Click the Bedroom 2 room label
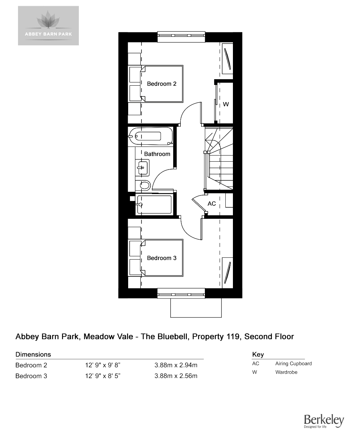pos(162,84)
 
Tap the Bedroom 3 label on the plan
pos(162,258)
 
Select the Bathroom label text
pos(157,154)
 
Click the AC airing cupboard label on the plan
pos(212,204)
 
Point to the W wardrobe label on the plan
pos(226,104)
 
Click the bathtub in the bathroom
pos(150,136)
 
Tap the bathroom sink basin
pos(142,168)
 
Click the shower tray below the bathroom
pos(154,204)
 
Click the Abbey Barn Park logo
pos(48,26)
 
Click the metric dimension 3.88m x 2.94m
pos(176,365)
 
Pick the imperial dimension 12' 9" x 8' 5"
pos(103,376)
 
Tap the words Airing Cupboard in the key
pos(293,364)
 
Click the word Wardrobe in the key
pos(286,372)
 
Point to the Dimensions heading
pos(33,354)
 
